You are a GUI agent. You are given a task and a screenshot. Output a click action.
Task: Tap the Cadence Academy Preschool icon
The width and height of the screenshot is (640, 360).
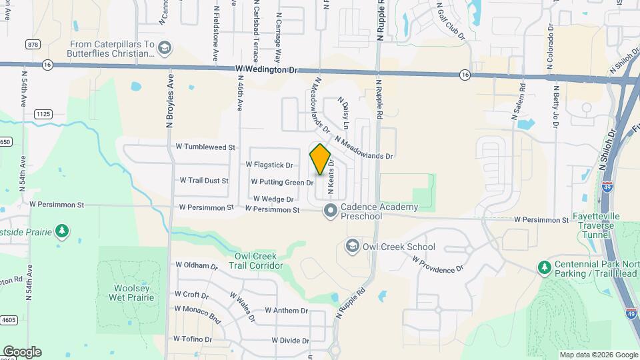point(330,211)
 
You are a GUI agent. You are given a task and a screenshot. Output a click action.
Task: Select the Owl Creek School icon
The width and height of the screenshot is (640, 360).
point(351,247)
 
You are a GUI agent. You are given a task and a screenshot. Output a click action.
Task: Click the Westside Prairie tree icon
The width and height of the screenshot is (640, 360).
point(62,231)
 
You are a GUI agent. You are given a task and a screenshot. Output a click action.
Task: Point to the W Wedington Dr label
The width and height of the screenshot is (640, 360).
point(265,69)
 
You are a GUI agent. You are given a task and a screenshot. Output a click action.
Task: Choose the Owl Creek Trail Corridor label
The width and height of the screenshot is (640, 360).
point(259,261)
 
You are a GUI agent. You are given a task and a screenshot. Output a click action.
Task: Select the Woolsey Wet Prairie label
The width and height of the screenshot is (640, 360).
point(131,292)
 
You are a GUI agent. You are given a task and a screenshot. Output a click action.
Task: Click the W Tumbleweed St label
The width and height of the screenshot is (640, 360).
point(205,147)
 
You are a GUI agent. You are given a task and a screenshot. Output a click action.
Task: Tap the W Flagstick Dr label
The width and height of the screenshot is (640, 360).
point(269,165)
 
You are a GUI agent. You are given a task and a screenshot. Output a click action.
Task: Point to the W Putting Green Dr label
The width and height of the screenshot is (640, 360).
point(282,182)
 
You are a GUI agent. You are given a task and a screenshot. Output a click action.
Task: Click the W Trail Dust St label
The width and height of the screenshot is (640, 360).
point(204,181)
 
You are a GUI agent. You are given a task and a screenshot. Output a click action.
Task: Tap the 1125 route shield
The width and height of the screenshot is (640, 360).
point(43,115)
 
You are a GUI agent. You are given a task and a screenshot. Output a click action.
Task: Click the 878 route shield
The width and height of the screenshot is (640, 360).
point(33,44)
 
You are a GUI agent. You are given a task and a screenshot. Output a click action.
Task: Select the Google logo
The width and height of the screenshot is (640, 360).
point(22,352)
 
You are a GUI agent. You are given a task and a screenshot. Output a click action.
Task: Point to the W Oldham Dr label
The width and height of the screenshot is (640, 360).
point(197,265)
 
